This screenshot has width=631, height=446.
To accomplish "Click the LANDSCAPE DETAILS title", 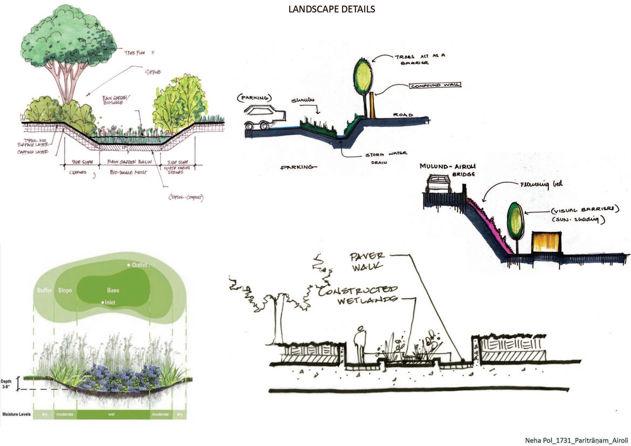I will (332, 9).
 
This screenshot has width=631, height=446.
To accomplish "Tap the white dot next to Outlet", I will (128, 265).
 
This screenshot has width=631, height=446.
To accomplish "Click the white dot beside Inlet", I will (103, 302).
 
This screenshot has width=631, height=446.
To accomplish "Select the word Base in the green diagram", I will (113, 290).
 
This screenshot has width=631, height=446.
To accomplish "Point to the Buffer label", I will (44, 290).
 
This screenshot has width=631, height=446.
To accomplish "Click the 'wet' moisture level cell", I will (111, 414).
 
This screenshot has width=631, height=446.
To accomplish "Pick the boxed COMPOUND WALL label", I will (435, 85).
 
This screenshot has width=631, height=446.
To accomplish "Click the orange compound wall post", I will (372, 105).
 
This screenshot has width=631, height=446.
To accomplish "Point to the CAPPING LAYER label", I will (33, 152).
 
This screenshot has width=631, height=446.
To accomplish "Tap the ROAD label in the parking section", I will (403, 115).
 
